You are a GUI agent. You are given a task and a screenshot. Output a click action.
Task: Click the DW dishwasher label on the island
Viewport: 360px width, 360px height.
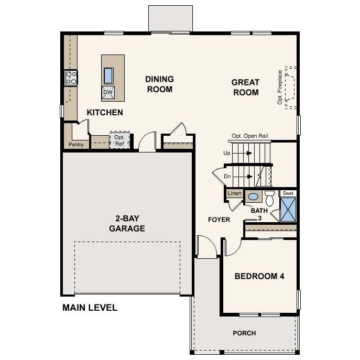click(x=108, y=93)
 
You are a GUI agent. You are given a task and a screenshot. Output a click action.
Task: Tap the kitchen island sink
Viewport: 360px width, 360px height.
click(x=108, y=76)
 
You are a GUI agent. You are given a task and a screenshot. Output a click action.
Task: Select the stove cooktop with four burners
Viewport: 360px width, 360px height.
click(x=71, y=78)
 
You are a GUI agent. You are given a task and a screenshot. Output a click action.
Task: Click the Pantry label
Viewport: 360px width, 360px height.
click(x=75, y=145)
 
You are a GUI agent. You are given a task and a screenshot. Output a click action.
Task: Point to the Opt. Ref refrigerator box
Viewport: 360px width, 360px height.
click(x=119, y=140)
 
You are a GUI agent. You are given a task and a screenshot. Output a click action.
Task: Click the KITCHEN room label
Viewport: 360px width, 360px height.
click(x=105, y=113)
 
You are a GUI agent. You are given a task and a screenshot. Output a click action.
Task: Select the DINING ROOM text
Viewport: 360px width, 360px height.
click(x=159, y=84)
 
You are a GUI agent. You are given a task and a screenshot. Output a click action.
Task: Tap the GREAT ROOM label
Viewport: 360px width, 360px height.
click(x=245, y=88)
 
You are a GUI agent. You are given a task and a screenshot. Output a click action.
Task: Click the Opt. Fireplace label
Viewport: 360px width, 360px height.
click(x=280, y=87)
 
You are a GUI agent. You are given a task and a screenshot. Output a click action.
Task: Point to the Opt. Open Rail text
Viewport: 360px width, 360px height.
click(x=250, y=136)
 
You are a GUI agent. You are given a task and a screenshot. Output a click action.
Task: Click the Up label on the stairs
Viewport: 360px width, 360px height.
click(x=226, y=153)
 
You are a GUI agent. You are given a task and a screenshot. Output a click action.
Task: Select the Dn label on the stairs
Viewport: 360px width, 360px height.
click(x=227, y=177)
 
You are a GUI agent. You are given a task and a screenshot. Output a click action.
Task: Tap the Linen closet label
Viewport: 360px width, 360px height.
click(x=234, y=194)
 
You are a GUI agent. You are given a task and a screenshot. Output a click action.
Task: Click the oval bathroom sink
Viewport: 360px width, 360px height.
click(x=253, y=197)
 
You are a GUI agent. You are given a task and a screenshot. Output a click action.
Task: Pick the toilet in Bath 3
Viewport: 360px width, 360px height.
click(x=269, y=198)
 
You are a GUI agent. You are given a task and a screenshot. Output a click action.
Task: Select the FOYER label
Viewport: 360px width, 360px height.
click(x=219, y=220)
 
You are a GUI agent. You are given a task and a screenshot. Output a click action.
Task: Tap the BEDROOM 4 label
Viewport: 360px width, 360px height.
click(x=259, y=276)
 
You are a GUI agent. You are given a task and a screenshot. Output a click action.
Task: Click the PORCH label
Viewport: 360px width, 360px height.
click(x=244, y=333)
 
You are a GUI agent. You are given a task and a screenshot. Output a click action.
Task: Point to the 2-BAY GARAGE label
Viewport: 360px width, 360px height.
click(x=127, y=224)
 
